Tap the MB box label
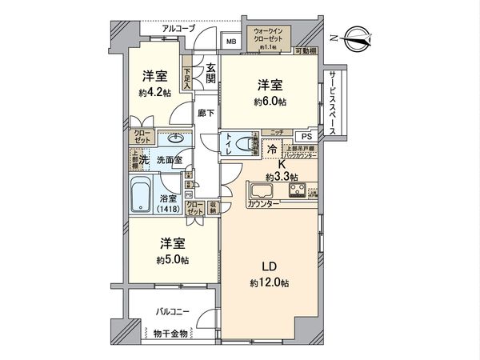pos(231,42)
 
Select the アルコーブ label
pos(178,30)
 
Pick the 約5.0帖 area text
pos(172,259)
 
